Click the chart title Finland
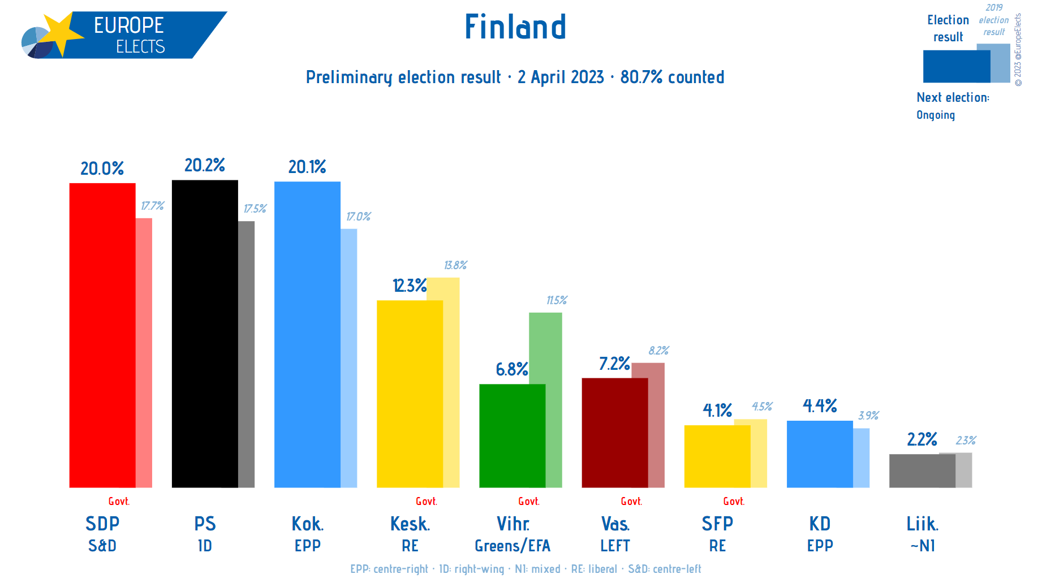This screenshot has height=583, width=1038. click(x=515, y=27)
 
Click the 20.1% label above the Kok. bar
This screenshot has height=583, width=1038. click(x=307, y=167)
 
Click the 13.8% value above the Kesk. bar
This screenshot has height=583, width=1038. click(x=455, y=265)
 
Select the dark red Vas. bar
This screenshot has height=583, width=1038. click(x=614, y=433)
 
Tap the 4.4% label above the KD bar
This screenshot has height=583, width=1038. click(x=820, y=405)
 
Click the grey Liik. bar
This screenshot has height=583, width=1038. click(x=922, y=470)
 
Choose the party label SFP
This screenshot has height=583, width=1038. click(x=717, y=524)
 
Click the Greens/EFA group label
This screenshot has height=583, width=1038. click(x=512, y=546)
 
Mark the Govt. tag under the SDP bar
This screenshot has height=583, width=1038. click(x=119, y=502)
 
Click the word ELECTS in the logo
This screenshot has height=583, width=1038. click(x=140, y=47)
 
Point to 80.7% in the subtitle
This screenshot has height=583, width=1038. click(x=641, y=77)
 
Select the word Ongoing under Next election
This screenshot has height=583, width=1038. click(x=936, y=115)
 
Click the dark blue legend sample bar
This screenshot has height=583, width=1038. click(x=956, y=66)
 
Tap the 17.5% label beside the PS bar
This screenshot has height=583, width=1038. click(x=255, y=209)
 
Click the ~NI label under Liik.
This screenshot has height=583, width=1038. click(x=922, y=546)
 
